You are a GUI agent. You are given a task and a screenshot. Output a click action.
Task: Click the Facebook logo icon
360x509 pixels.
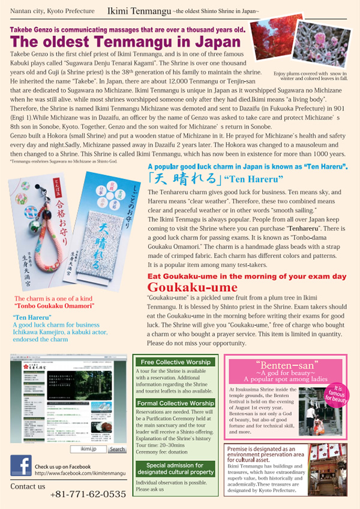[21, 466]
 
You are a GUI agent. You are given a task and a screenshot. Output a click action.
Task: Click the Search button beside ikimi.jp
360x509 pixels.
[117, 448]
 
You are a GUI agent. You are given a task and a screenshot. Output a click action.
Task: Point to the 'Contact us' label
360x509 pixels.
[27, 486]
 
